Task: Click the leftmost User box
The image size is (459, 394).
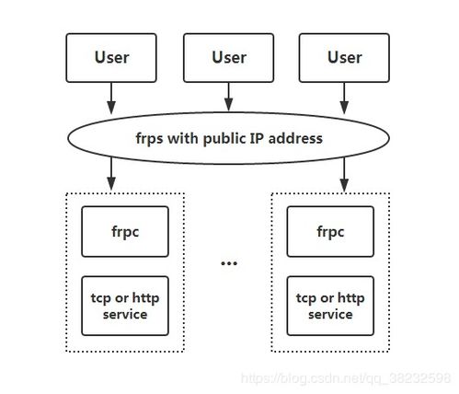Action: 111,58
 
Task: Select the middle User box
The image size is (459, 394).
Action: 228,58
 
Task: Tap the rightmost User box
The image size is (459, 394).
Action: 344,58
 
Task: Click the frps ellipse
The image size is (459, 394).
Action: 228,138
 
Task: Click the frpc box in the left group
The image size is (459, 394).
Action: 124,231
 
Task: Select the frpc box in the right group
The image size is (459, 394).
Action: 330,231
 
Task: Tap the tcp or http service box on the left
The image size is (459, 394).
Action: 124,306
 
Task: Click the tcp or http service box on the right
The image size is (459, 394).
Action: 330,306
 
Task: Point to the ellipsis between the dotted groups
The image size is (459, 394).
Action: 228,264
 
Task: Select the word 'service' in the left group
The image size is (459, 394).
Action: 124,314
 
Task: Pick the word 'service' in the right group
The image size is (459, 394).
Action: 330,314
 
